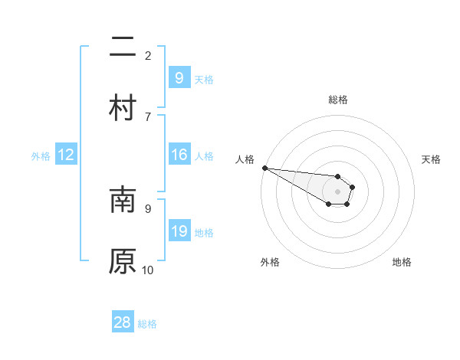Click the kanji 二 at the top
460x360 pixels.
[x=123, y=47]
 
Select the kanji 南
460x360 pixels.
[x=123, y=201]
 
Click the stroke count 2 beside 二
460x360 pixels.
[x=148, y=55]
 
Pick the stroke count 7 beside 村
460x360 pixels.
[x=148, y=116]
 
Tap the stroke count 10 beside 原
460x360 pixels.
[x=148, y=270]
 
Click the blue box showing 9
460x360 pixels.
[x=179, y=77]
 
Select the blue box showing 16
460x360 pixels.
[x=179, y=155]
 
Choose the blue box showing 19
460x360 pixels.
[x=179, y=231]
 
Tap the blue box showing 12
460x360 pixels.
[x=66, y=155]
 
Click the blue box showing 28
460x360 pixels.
[x=123, y=322]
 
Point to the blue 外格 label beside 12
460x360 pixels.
[x=41, y=156]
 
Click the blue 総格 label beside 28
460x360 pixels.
[x=147, y=324]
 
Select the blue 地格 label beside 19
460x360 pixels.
[x=204, y=233]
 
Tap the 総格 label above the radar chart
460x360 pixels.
[x=337, y=100]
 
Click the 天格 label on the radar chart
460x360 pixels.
[x=432, y=159]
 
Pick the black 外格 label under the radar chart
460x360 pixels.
[x=270, y=263]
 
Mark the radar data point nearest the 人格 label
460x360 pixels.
[x=264, y=168]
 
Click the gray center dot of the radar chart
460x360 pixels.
[x=337, y=191]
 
